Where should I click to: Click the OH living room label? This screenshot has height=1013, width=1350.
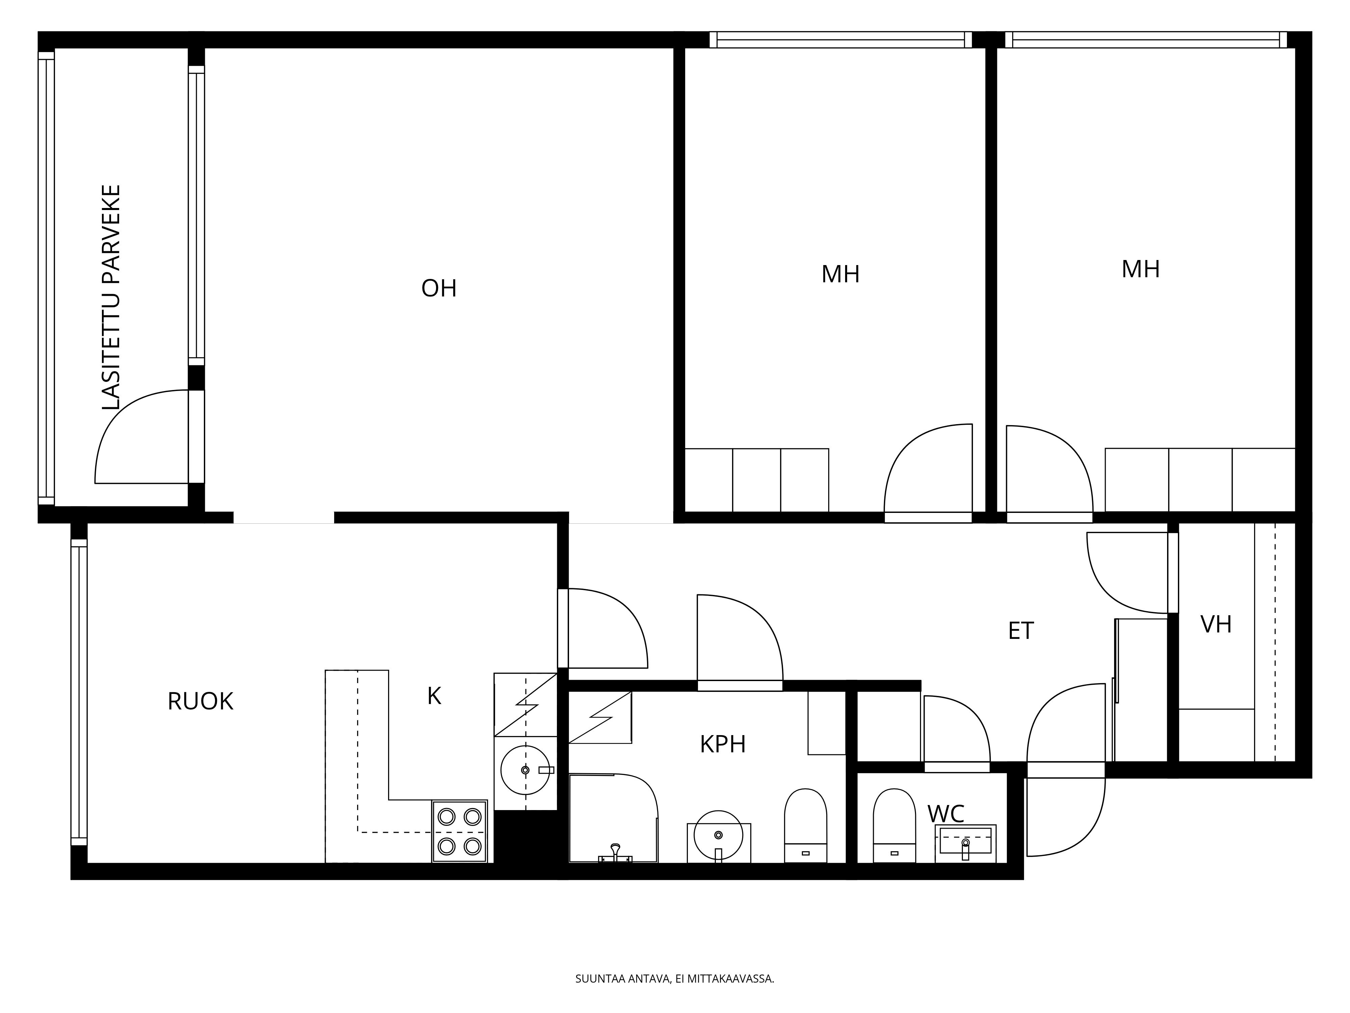tap(439, 288)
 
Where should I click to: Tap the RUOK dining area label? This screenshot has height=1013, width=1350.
tap(200, 702)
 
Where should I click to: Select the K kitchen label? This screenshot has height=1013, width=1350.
tap(434, 696)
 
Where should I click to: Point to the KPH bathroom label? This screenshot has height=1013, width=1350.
tap(723, 744)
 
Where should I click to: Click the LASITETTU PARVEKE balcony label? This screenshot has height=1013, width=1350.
tap(111, 297)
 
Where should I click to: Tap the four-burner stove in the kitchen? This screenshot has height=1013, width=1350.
tap(460, 831)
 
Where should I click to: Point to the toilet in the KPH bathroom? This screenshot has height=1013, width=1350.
tap(806, 826)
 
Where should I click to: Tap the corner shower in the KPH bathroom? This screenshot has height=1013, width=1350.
tap(613, 818)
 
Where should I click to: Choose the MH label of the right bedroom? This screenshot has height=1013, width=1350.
tap(1141, 269)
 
